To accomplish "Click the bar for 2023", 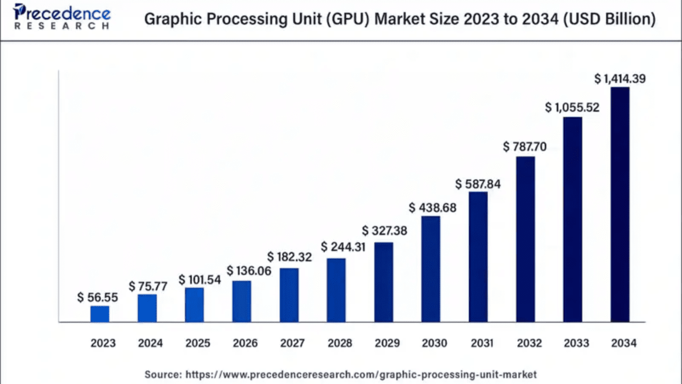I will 100,314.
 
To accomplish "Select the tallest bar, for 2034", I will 620,204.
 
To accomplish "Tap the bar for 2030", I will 431,269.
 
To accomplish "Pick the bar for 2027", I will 289,295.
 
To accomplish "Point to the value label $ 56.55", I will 98,297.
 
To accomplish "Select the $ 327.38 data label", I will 385,231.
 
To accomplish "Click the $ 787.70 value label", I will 525,147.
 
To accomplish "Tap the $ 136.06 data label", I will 249,271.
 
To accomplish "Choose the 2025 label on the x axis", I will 198,343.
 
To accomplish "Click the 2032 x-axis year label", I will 529,343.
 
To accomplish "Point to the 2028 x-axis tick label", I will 340,343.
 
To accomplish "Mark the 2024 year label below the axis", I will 150,343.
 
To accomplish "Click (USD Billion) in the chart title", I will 610,19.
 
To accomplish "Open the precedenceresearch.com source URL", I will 361,375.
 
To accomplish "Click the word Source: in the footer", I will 163,375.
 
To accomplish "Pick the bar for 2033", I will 573,220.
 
